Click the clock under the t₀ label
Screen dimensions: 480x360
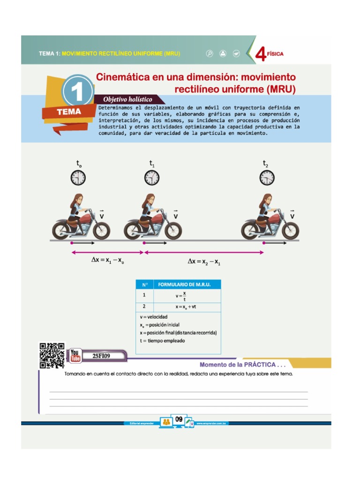(78, 178)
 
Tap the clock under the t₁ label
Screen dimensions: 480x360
(152, 178)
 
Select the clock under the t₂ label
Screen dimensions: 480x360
(267, 178)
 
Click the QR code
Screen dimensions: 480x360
(52, 356)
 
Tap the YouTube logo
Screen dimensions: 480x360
(75, 356)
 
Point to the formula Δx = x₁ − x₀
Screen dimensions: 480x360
(107, 262)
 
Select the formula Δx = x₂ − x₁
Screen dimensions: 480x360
(204, 262)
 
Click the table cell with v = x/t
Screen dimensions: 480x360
(180, 296)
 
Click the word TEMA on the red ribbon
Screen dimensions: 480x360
(69, 112)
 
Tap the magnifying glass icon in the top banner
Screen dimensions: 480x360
(210, 53)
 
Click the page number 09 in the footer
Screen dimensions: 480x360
(179, 420)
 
